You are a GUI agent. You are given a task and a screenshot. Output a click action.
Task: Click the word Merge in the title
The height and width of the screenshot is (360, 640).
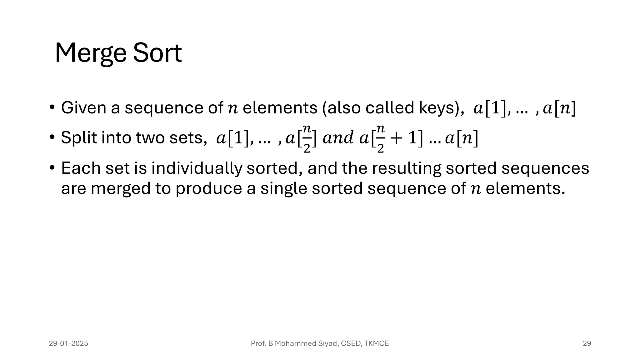click(x=90, y=53)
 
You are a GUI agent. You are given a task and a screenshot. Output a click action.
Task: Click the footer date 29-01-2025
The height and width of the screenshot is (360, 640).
click(x=68, y=343)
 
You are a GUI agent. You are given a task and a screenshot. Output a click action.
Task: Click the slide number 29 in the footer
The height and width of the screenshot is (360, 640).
click(x=587, y=343)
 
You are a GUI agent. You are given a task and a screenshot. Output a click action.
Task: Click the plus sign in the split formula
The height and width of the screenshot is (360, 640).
click(x=397, y=138)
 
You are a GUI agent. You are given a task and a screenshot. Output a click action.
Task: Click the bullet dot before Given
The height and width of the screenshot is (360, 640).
click(x=52, y=107)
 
